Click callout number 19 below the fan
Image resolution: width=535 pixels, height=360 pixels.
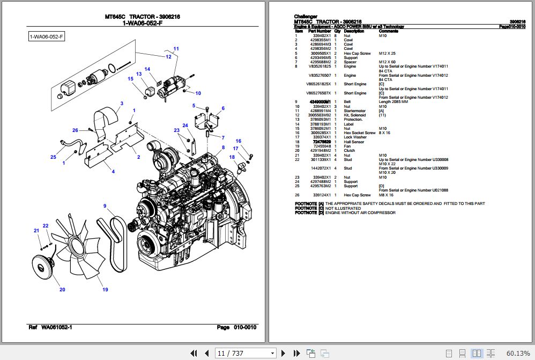[105, 290]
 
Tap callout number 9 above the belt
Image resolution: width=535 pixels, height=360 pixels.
[105, 206]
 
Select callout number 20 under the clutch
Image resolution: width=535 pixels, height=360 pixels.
[62, 290]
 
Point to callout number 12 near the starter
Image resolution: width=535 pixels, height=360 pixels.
[168, 56]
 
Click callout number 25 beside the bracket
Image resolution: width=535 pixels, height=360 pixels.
[53, 157]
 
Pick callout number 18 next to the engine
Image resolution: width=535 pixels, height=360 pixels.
[232, 157]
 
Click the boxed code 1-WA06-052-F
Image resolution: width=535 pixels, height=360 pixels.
[47, 36]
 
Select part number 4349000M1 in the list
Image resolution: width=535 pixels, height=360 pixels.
[323, 102]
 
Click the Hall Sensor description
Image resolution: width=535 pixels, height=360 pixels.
[354, 142]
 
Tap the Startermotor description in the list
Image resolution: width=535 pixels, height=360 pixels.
[355, 111]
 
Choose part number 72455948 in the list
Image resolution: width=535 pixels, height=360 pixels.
[322, 146]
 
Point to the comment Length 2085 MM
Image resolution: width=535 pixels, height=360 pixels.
[393, 102]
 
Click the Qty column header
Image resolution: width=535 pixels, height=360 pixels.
[337, 31]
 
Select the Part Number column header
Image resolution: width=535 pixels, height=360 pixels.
[320, 31]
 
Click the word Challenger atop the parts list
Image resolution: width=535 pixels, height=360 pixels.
[306, 17]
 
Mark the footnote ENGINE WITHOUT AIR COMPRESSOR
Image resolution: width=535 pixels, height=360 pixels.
[360, 212]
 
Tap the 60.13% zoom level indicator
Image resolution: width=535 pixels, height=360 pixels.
[518, 353]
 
